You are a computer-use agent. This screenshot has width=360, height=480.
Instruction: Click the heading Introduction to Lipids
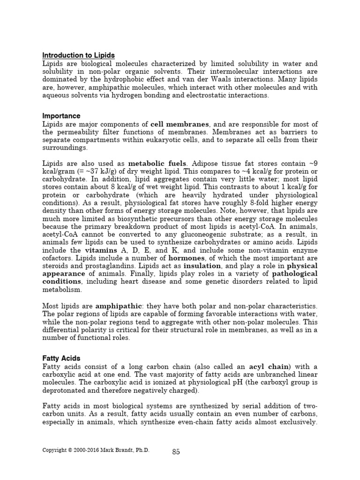[78, 55]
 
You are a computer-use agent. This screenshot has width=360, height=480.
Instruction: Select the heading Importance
[61, 116]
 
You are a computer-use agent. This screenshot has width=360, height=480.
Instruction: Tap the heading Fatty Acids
[61, 358]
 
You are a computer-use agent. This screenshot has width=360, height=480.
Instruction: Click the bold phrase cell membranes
[180, 124]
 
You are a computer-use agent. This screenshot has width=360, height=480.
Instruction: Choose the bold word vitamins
[100, 251]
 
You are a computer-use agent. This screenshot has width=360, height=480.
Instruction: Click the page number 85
[176, 452]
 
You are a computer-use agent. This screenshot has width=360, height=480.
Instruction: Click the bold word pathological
[295, 273]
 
